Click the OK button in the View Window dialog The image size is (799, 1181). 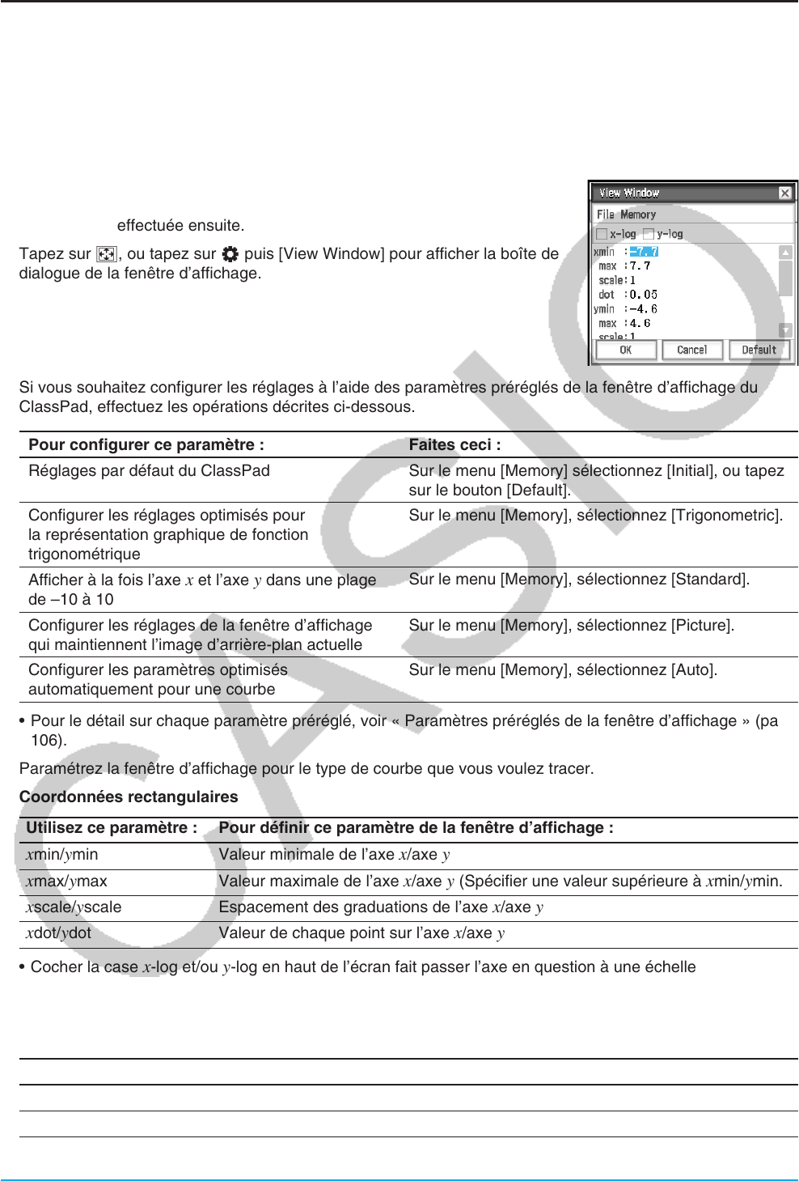click(625, 350)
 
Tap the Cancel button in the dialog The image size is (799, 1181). click(691, 350)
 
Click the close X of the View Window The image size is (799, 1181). click(784, 193)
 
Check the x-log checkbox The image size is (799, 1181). click(602, 234)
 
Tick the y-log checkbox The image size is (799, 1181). click(648, 234)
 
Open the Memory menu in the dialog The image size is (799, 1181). click(638, 215)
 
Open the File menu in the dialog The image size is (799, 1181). click(605, 215)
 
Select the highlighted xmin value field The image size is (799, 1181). click(644, 252)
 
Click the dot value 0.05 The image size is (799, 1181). click(643, 295)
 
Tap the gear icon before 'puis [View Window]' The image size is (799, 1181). click(230, 253)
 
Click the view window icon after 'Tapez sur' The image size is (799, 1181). click(106, 253)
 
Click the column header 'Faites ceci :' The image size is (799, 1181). click(454, 444)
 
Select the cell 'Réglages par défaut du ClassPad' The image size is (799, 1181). click(149, 470)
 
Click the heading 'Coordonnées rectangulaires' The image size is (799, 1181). click(129, 797)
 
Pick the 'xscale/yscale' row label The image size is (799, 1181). click(74, 907)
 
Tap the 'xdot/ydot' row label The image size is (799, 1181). click(58, 932)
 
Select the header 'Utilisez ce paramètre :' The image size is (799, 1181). click(112, 827)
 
